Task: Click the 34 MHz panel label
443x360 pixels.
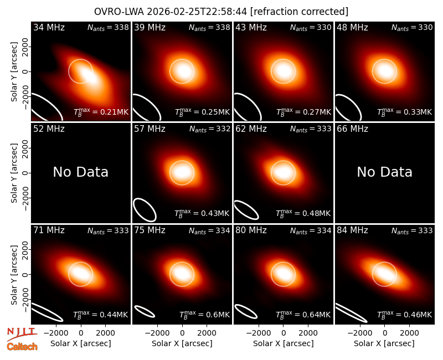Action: point(49,27)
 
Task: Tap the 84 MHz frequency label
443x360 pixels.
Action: point(352,230)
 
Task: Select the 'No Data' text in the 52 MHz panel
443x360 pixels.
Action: point(81,172)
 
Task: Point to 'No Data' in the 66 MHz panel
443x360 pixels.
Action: point(384,172)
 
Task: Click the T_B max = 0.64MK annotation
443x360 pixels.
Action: point(303,315)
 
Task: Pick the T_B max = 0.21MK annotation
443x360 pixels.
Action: point(101,112)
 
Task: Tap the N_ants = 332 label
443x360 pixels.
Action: point(210,129)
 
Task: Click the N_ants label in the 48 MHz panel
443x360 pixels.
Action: point(412,28)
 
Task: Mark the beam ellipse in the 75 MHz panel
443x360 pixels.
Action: point(145,311)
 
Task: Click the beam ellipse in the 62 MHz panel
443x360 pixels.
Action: point(246,210)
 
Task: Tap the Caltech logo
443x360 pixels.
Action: point(22,347)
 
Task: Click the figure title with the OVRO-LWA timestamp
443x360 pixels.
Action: point(221,12)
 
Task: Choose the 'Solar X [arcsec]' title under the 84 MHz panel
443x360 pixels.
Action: point(384,343)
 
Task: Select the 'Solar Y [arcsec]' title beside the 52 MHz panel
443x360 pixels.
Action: point(14,173)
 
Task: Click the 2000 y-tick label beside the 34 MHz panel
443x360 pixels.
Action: point(25,47)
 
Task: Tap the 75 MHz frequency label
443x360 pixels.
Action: point(150,230)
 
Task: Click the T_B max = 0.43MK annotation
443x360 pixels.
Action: point(202,213)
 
